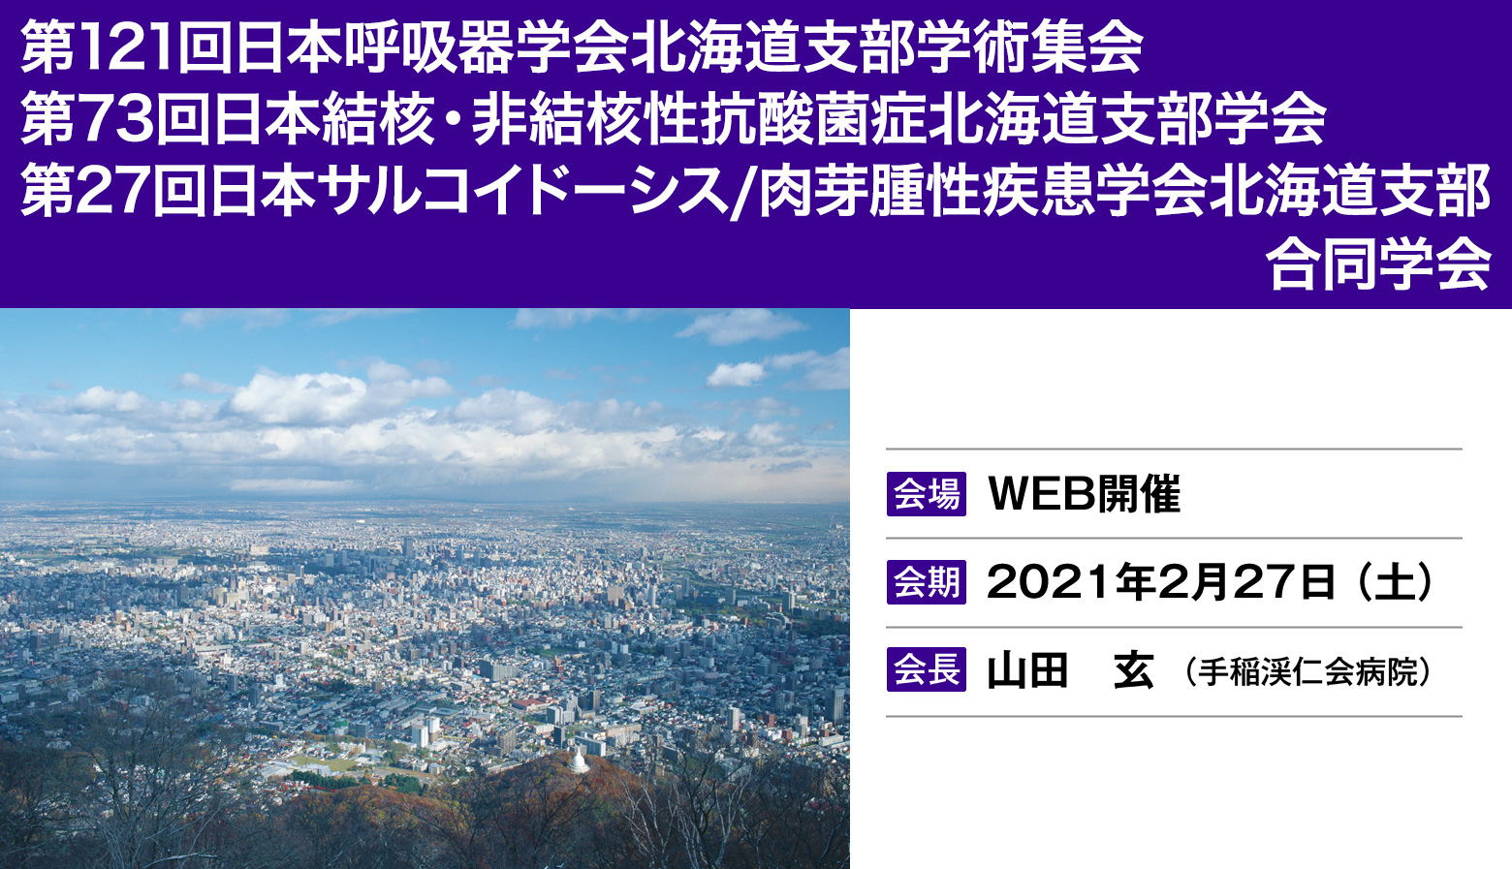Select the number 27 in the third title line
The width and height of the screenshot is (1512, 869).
pyautogui.click(x=114, y=192)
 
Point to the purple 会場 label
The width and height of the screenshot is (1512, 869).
pyautogui.click(x=927, y=494)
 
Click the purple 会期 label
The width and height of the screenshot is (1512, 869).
pyautogui.click(x=927, y=581)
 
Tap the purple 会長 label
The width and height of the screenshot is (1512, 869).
pyautogui.click(x=927, y=669)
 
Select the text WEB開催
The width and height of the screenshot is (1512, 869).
pyautogui.click(x=1084, y=494)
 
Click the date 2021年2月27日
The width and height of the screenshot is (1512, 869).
pyautogui.click(x=1161, y=581)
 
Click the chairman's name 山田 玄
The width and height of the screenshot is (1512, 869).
pyautogui.click(x=1070, y=670)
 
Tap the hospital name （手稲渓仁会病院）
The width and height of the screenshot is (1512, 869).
pyautogui.click(x=1307, y=671)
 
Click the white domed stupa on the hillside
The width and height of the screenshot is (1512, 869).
pyautogui.click(x=578, y=761)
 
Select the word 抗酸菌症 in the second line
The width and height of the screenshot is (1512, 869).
pyautogui.click(x=813, y=120)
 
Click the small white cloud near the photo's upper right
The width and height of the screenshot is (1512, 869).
pyautogui.click(x=737, y=375)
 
